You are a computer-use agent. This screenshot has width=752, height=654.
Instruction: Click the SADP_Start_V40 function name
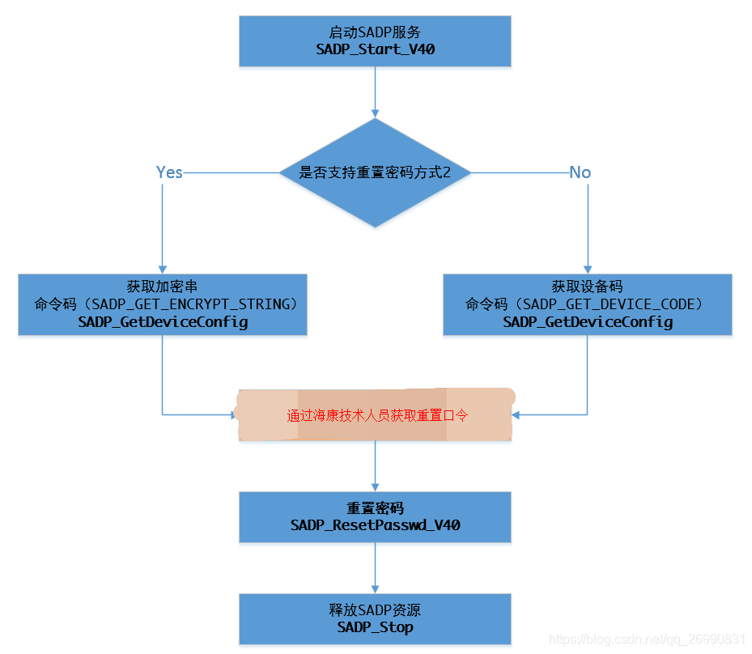click(x=375, y=49)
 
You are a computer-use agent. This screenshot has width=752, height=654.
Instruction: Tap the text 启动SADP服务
click(x=375, y=32)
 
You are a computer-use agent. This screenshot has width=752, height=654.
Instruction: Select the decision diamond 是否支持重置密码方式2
click(x=375, y=172)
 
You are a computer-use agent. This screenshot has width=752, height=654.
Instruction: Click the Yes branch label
click(x=169, y=172)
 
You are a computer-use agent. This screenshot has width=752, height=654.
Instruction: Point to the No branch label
click(x=580, y=172)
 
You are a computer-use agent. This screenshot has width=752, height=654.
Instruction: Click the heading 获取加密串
click(x=162, y=287)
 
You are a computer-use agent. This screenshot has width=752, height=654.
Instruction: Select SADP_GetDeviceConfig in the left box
click(x=163, y=322)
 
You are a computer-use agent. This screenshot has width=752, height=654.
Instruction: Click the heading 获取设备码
click(x=587, y=287)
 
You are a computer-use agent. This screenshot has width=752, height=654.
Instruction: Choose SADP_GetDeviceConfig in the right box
click(x=588, y=322)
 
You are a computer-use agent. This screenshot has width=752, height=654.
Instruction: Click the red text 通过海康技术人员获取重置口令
click(x=378, y=415)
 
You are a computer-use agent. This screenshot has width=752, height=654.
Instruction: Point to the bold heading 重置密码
click(x=375, y=508)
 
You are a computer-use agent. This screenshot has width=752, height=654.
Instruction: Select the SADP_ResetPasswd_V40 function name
click(x=375, y=525)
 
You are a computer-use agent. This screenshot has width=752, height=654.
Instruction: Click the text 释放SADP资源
click(x=375, y=610)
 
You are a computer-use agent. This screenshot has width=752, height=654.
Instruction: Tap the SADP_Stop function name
click(x=375, y=627)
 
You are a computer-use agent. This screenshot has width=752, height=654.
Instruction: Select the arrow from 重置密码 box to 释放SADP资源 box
click(x=375, y=567)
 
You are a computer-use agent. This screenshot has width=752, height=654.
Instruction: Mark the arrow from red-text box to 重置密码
click(x=375, y=465)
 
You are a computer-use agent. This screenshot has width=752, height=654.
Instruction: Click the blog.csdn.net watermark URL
click(x=647, y=639)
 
